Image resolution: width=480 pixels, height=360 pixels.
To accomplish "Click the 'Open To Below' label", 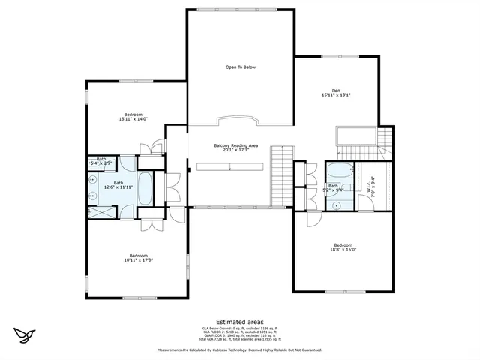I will [241, 67].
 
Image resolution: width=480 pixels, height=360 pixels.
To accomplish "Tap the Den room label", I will [336, 91].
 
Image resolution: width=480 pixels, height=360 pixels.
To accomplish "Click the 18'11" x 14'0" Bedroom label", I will [134, 116].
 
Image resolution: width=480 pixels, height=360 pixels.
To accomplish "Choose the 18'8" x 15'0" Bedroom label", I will [343, 247].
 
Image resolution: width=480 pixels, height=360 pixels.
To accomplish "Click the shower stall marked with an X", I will [100, 212].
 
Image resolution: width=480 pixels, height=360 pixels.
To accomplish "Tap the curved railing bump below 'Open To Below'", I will [236, 121].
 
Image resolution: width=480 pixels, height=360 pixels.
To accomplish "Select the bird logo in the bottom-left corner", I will [25, 334].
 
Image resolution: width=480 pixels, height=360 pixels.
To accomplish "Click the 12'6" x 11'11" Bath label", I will [118, 184].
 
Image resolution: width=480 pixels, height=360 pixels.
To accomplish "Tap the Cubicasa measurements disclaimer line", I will [239, 349].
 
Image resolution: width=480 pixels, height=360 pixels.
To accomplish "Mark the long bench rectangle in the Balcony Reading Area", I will [229, 166].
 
